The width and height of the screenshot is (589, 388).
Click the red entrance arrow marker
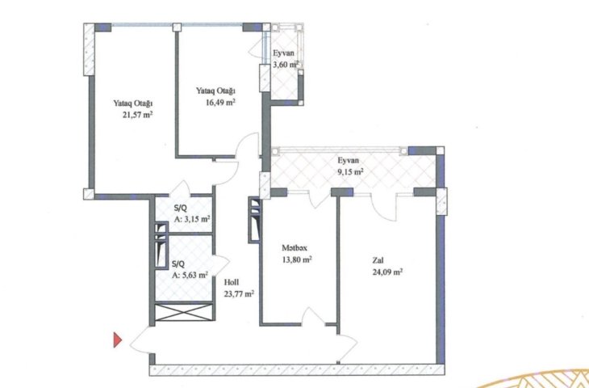[118, 339]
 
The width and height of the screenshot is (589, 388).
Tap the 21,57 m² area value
[137, 115]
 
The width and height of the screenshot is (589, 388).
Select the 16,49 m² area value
[220, 103]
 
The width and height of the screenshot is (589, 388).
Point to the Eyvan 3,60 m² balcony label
[285, 59]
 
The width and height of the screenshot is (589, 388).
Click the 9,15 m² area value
[350, 172]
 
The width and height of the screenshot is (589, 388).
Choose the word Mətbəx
[294, 247]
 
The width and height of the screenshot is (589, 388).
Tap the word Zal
[378, 260]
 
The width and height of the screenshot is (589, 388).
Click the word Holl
[232, 282]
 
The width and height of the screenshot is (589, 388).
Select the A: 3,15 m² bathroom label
[192, 219]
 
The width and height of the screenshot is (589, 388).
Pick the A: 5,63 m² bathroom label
[190, 275]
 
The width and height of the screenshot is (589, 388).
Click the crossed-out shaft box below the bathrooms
[184, 312]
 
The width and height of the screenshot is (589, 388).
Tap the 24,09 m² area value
[387, 272]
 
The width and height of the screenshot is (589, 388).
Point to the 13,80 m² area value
[297, 259]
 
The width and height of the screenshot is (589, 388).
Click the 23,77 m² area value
[239, 294]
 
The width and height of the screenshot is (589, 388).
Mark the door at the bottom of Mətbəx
[313, 316]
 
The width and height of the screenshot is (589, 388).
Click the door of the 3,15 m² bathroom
[180, 189]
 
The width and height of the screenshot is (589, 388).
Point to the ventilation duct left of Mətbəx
[254, 220]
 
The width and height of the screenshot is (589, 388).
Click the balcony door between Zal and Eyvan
[384, 207]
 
